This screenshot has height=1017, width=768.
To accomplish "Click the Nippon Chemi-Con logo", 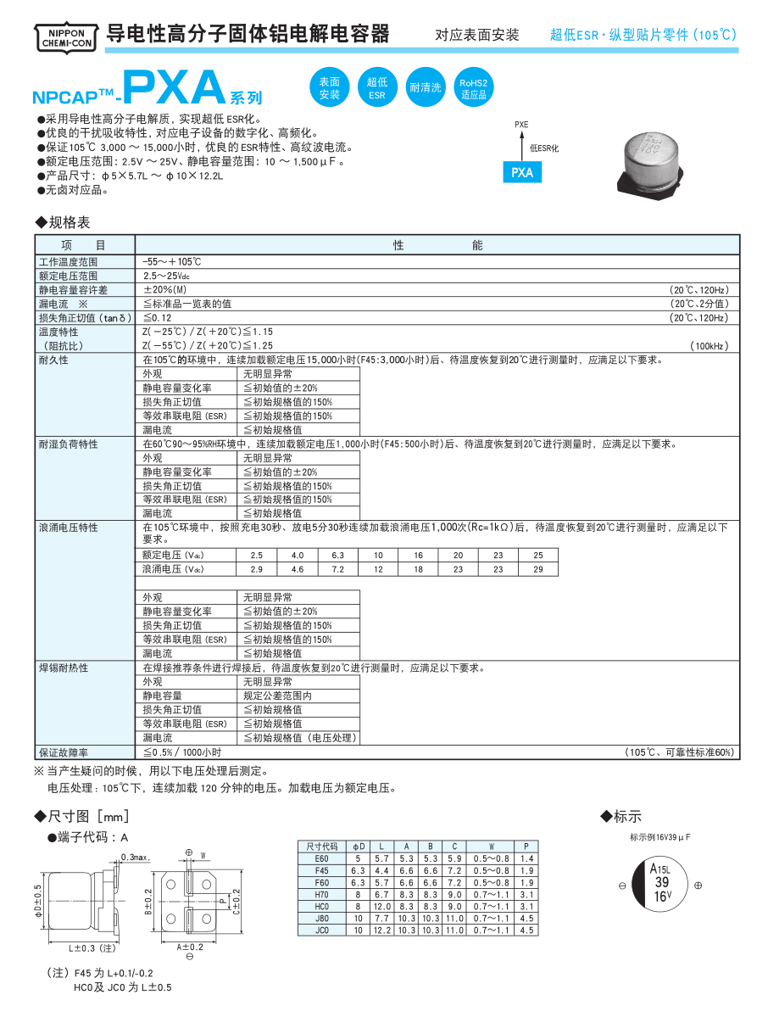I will pos(64,35).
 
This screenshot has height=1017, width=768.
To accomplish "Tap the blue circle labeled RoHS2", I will pos(473,87).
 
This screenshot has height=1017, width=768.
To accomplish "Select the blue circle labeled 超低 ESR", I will pos(377,87).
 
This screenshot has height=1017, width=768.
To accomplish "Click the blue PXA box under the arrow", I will pos(522,172).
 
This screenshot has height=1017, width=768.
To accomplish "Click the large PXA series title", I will pos(174,87).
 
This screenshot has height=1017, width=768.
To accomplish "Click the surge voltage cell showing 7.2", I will pos(337,568).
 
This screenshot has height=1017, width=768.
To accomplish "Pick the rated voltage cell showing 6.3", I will pos(337,555).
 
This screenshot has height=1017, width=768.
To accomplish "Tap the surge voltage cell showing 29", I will pos(537,568).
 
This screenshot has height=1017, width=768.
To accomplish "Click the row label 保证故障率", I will pos(64,752).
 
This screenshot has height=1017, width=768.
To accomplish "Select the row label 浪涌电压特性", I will pos(68,528).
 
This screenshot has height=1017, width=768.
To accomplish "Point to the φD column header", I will pos(359,847).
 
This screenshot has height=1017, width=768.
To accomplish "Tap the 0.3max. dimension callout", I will pos(136,858).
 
